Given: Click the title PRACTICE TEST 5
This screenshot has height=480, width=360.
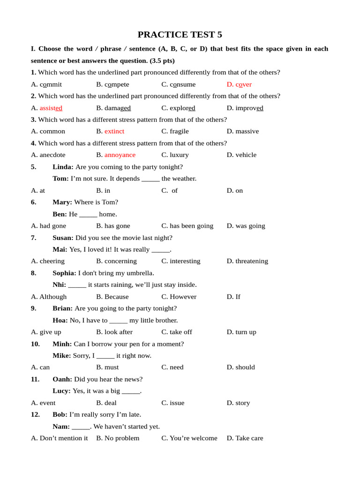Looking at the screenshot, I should [x=180, y=35].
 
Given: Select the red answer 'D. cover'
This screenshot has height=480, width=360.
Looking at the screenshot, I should [x=239, y=84].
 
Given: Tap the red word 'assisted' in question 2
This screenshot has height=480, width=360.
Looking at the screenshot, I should [x=51, y=108].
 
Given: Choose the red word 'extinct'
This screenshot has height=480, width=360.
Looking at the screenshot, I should [x=114, y=131].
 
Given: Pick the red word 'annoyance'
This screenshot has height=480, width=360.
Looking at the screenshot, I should [x=120, y=155].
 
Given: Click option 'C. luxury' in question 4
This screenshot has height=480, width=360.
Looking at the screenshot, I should [x=175, y=155].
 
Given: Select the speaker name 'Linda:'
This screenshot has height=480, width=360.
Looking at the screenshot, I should [x=63, y=167].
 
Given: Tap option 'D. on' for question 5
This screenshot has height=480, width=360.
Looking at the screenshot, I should [x=235, y=190].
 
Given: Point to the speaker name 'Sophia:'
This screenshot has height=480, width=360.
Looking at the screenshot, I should [x=64, y=273].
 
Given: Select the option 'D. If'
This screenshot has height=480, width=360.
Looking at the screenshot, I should [x=233, y=297].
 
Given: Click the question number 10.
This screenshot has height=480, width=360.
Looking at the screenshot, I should [x=35, y=344].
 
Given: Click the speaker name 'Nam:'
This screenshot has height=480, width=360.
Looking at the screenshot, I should [x=61, y=427].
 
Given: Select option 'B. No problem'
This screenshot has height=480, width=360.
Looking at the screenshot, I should [x=118, y=438].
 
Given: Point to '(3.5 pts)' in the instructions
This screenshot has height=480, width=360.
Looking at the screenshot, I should [x=162, y=60].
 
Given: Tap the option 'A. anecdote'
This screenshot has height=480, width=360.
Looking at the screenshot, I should [x=48, y=155].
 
